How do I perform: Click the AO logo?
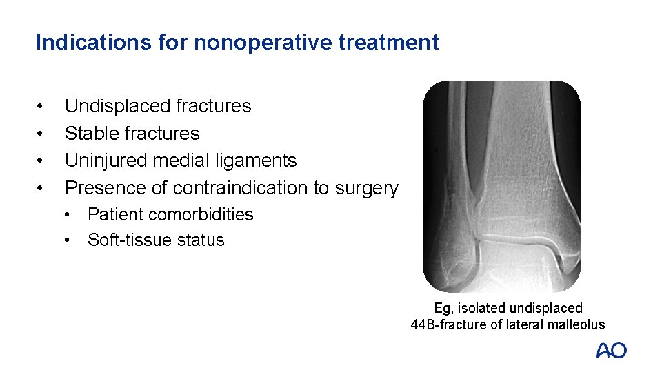tap(612, 351)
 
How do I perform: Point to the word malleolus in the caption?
tap(575, 325)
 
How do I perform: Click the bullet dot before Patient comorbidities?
tap(68, 215)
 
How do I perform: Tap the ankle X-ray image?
tap(502, 186)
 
